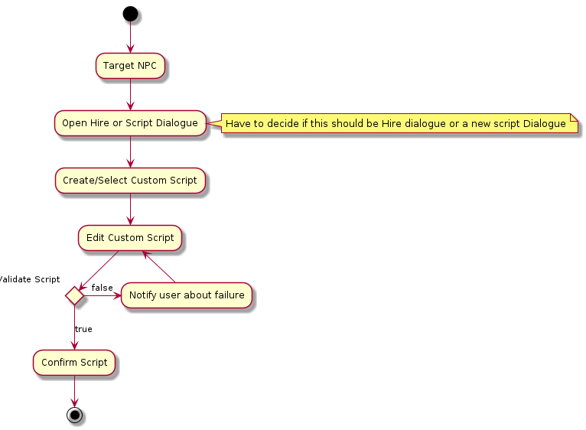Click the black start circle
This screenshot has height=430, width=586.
pos(130,13)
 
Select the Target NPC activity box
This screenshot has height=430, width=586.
pos(130,65)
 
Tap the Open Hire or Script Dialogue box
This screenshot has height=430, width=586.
pos(130,122)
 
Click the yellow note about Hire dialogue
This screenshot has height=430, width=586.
pos(396,123)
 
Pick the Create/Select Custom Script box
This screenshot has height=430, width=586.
pos(130,181)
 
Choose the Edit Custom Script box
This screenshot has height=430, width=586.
pos(130,237)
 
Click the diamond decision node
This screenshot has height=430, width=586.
pos(74,294)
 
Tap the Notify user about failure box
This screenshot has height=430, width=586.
pos(187,295)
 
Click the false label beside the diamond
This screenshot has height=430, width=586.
pos(102,288)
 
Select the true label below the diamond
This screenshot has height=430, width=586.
pos(83,329)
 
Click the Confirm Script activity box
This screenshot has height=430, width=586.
pos(74,362)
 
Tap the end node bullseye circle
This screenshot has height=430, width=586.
pos(74,415)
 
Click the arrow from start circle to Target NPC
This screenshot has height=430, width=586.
pos(130,37)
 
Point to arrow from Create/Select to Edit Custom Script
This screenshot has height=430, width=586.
pos(130,209)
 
